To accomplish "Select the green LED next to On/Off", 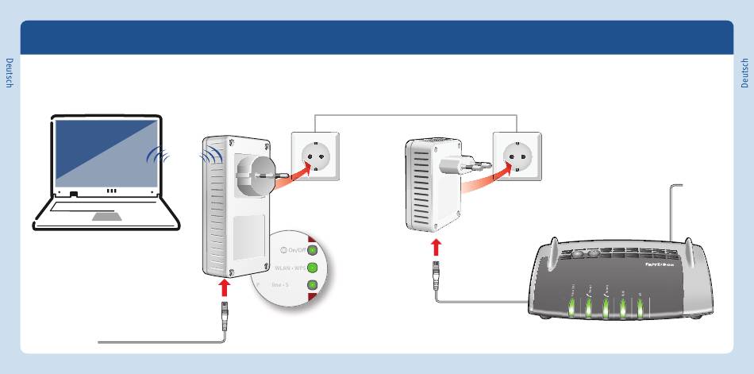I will click(x=313, y=250).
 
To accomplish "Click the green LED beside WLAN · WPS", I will click(x=313, y=268).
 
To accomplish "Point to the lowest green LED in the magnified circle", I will click(x=313, y=284).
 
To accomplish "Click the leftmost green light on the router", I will click(x=571, y=309).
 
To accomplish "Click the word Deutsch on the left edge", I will click(x=10, y=72).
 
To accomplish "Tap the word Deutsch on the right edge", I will click(x=744, y=72).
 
